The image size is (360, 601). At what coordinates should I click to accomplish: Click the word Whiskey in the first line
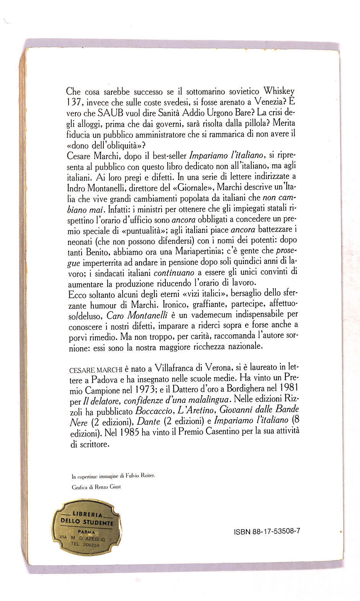[279, 91]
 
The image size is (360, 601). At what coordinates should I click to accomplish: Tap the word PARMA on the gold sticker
[86, 532]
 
